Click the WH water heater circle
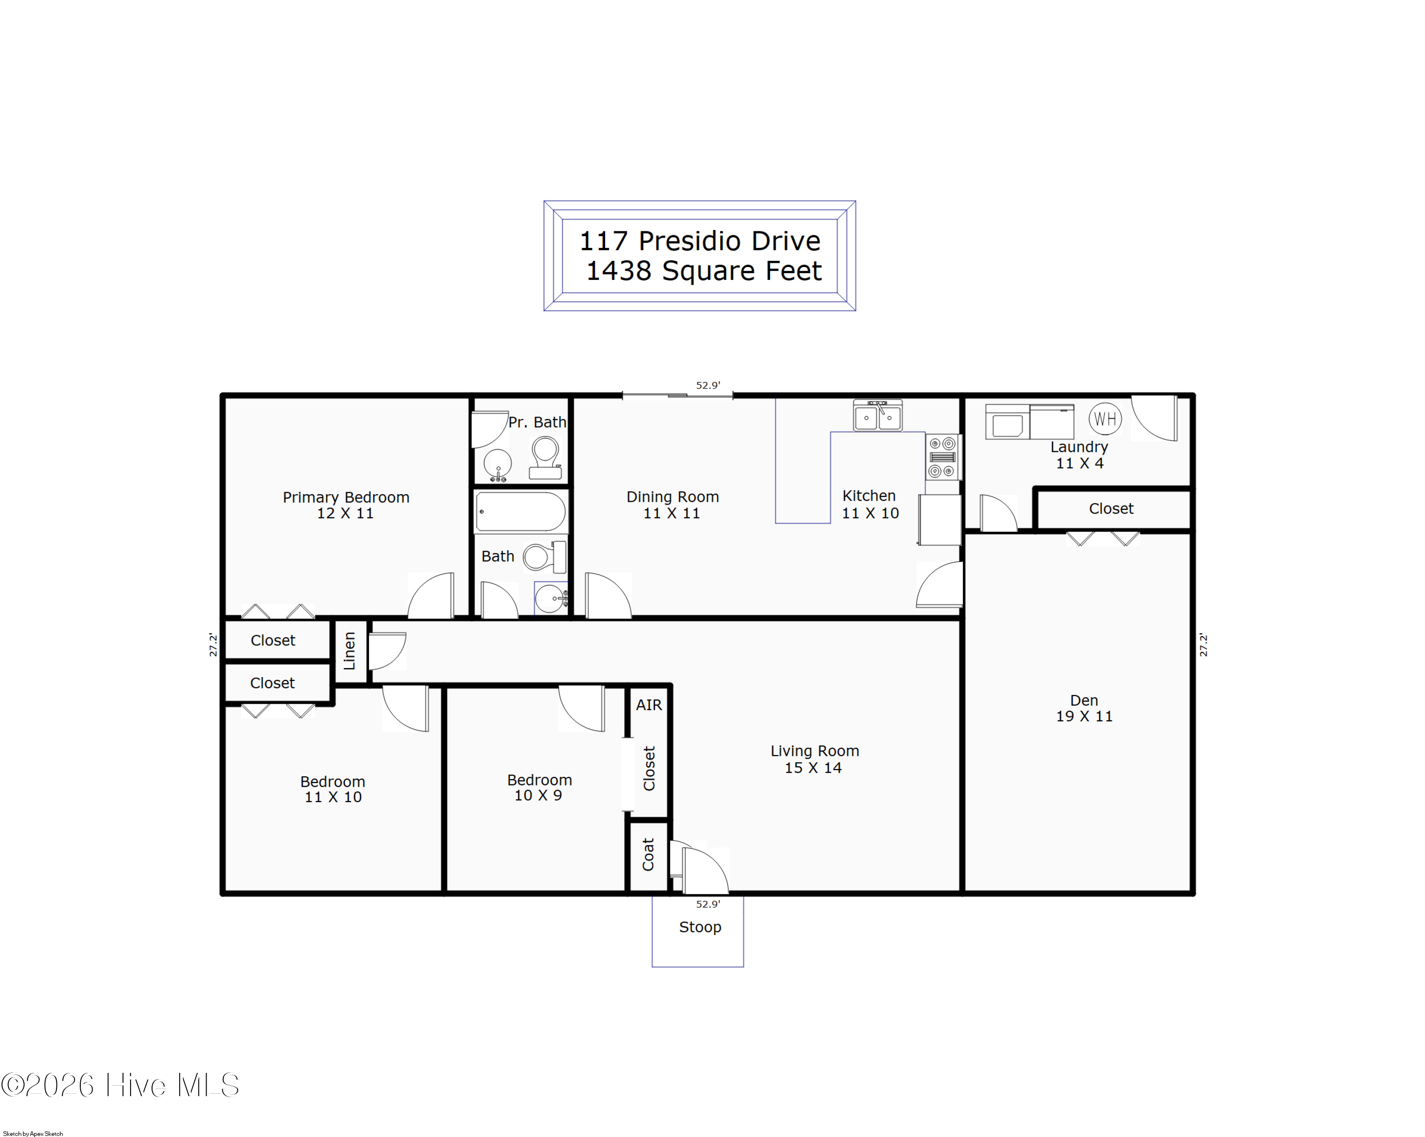click(1105, 419)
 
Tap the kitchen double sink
click(878, 415)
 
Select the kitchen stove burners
click(942, 457)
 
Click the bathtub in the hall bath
click(521, 511)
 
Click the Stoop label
click(700, 927)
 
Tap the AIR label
click(649, 705)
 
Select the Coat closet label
click(648, 854)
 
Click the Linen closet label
click(350, 650)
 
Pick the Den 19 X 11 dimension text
click(1084, 716)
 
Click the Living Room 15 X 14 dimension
click(813, 767)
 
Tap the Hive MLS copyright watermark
click(120, 1085)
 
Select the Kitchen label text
click(869, 496)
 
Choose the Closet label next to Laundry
click(1111, 508)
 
